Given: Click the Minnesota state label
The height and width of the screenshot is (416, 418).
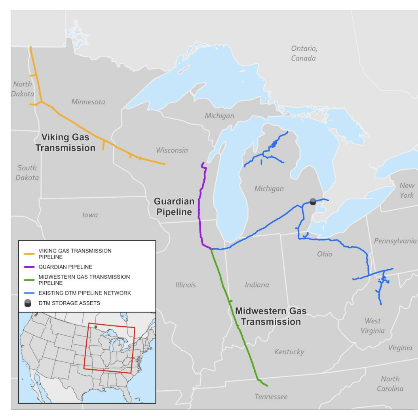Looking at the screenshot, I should [88, 102].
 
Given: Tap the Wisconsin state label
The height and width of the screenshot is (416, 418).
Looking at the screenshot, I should [172, 150].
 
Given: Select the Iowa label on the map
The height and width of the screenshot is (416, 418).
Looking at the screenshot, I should [90, 215].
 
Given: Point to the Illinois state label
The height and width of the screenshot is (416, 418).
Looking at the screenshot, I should [185, 285].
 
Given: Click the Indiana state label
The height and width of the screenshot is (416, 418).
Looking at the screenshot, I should [256, 285].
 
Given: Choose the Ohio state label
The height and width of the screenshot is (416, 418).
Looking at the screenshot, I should [325, 254].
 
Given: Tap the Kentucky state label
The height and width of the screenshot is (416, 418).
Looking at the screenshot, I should [289, 352].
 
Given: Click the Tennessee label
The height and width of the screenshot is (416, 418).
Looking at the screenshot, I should [271, 396].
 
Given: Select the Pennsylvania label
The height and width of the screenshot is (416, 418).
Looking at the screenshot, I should [395, 241].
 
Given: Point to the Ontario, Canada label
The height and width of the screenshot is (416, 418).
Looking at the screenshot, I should [304, 53].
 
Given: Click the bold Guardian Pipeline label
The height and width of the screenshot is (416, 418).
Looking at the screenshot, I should [173, 207].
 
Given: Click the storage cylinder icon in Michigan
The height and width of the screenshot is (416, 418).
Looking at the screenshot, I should [313, 202].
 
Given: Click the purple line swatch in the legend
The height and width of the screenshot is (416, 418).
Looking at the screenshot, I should [29, 267].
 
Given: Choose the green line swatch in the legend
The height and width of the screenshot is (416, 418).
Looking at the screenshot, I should [29, 280].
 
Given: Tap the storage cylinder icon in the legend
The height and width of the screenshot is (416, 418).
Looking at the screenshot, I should [28, 303].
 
